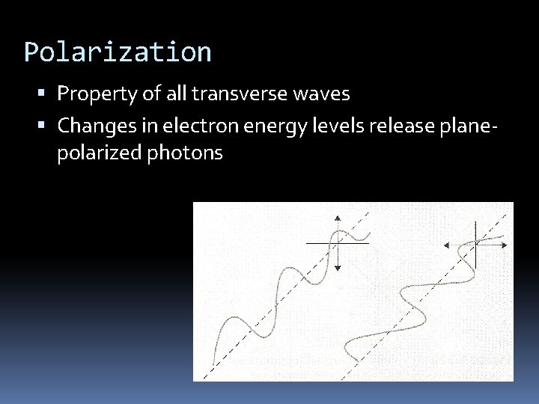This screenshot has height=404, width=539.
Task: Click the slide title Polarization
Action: pos(118,52)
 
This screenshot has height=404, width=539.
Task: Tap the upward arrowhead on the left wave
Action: pos(338,218)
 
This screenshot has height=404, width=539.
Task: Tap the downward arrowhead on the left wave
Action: pos(338,267)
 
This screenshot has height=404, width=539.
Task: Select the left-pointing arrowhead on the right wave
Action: pos(446,245)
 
